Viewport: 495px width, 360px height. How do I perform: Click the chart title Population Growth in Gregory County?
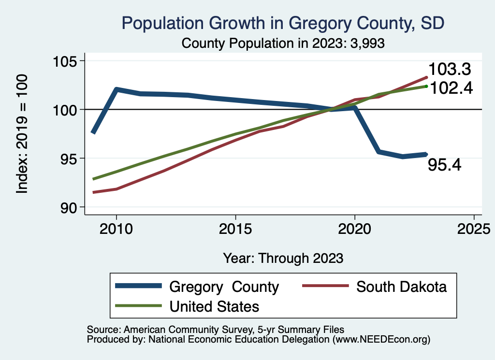coord(283,23)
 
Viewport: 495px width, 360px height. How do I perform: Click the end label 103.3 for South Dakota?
coord(450,70)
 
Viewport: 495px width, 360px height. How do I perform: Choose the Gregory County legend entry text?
coord(224,287)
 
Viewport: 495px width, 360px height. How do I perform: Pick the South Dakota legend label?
coord(401,287)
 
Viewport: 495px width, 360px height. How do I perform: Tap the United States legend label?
coord(214,306)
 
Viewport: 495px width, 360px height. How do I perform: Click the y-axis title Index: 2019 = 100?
coord(22,134)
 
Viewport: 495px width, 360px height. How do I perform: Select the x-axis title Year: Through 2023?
coord(283,258)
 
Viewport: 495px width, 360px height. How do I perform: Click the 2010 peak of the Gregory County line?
coord(116,89)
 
